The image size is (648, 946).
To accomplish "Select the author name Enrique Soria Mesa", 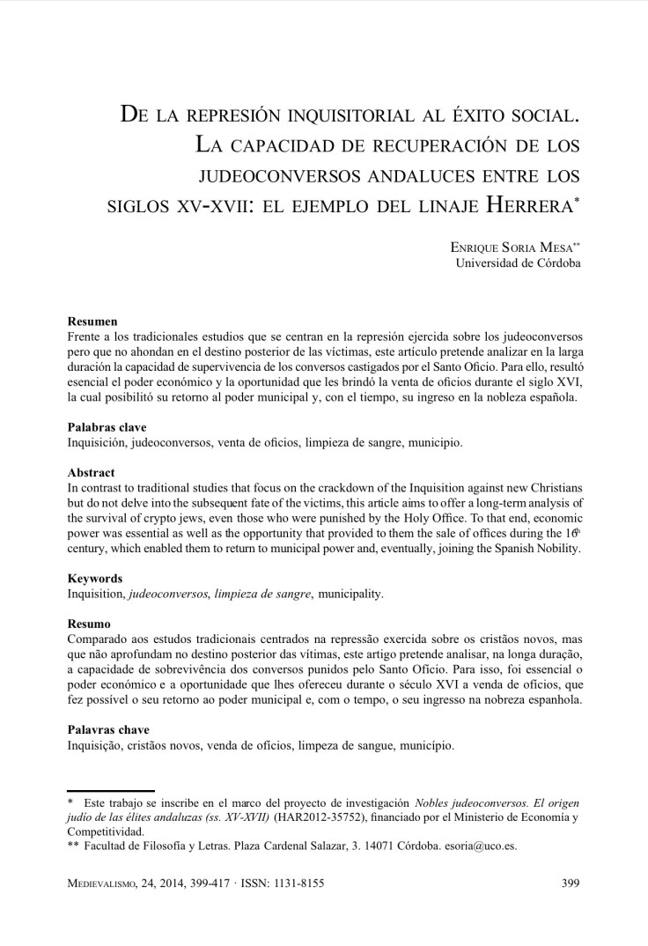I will (515, 248).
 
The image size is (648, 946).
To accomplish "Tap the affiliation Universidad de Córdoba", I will (518, 263).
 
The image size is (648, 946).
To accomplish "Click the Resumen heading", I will (92, 322).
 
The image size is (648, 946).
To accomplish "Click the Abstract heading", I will (91, 473).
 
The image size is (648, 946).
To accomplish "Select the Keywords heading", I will (95, 579).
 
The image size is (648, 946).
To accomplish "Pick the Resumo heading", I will (90, 625).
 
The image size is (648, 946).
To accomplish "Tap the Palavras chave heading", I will (108, 730).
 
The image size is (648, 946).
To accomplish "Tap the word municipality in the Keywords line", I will (352, 595).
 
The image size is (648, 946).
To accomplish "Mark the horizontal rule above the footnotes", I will (111, 791).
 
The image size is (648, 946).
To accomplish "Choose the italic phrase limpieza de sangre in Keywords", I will (264, 595).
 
